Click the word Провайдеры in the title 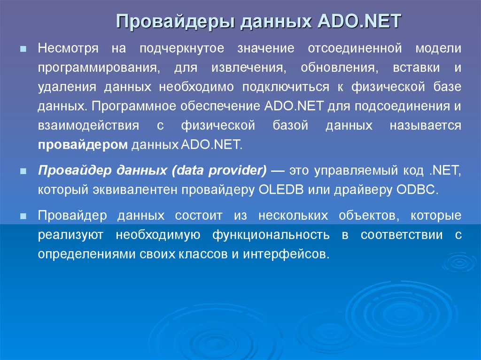176,21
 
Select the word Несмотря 68,48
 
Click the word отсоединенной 355,48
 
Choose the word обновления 339,68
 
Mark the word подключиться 286,87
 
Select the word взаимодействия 88,126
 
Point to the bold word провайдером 83,145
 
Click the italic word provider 237,170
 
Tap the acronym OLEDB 281,190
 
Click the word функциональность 271,235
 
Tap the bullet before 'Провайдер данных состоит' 23,216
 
